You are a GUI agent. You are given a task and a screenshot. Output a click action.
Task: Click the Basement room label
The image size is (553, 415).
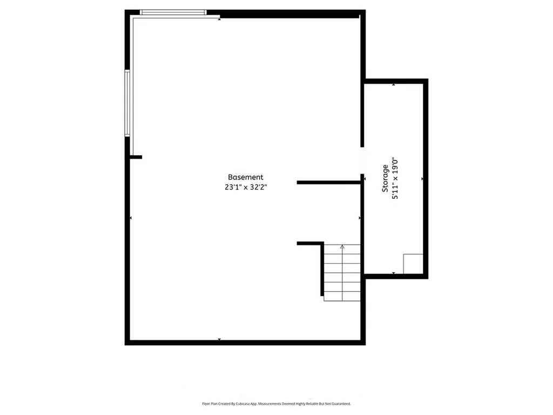coord(245,177)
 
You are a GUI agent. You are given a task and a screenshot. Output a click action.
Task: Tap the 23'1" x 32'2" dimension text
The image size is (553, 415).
coord(245,188)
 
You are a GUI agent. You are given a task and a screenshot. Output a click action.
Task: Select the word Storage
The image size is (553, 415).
coord(385,179)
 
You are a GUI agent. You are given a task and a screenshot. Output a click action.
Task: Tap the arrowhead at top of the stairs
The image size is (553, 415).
coord(342,246)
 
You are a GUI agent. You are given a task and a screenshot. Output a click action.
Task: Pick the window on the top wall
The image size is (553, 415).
coord(173,12)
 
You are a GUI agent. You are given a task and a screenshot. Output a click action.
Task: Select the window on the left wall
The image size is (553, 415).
coord(127,103)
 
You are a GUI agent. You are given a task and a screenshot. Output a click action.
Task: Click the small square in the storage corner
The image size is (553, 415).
coord(413,263)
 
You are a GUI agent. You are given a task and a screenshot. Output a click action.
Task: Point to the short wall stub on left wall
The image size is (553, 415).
coord(136,157)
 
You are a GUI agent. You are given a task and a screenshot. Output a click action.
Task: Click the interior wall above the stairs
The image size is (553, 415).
coord(310,244)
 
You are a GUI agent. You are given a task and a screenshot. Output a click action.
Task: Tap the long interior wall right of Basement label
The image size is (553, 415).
coord(328,183)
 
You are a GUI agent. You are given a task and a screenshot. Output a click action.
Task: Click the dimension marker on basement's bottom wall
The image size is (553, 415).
coord(219,339)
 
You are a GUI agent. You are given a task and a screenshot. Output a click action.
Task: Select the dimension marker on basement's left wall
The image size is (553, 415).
coord(131,218)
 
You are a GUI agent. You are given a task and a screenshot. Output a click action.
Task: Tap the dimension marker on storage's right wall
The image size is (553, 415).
coord(422,178)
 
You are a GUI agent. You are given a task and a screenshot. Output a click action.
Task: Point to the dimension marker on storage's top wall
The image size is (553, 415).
coord(393,84)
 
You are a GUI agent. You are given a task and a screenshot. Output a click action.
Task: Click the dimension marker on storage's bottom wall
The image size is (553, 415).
coord(393,273)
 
